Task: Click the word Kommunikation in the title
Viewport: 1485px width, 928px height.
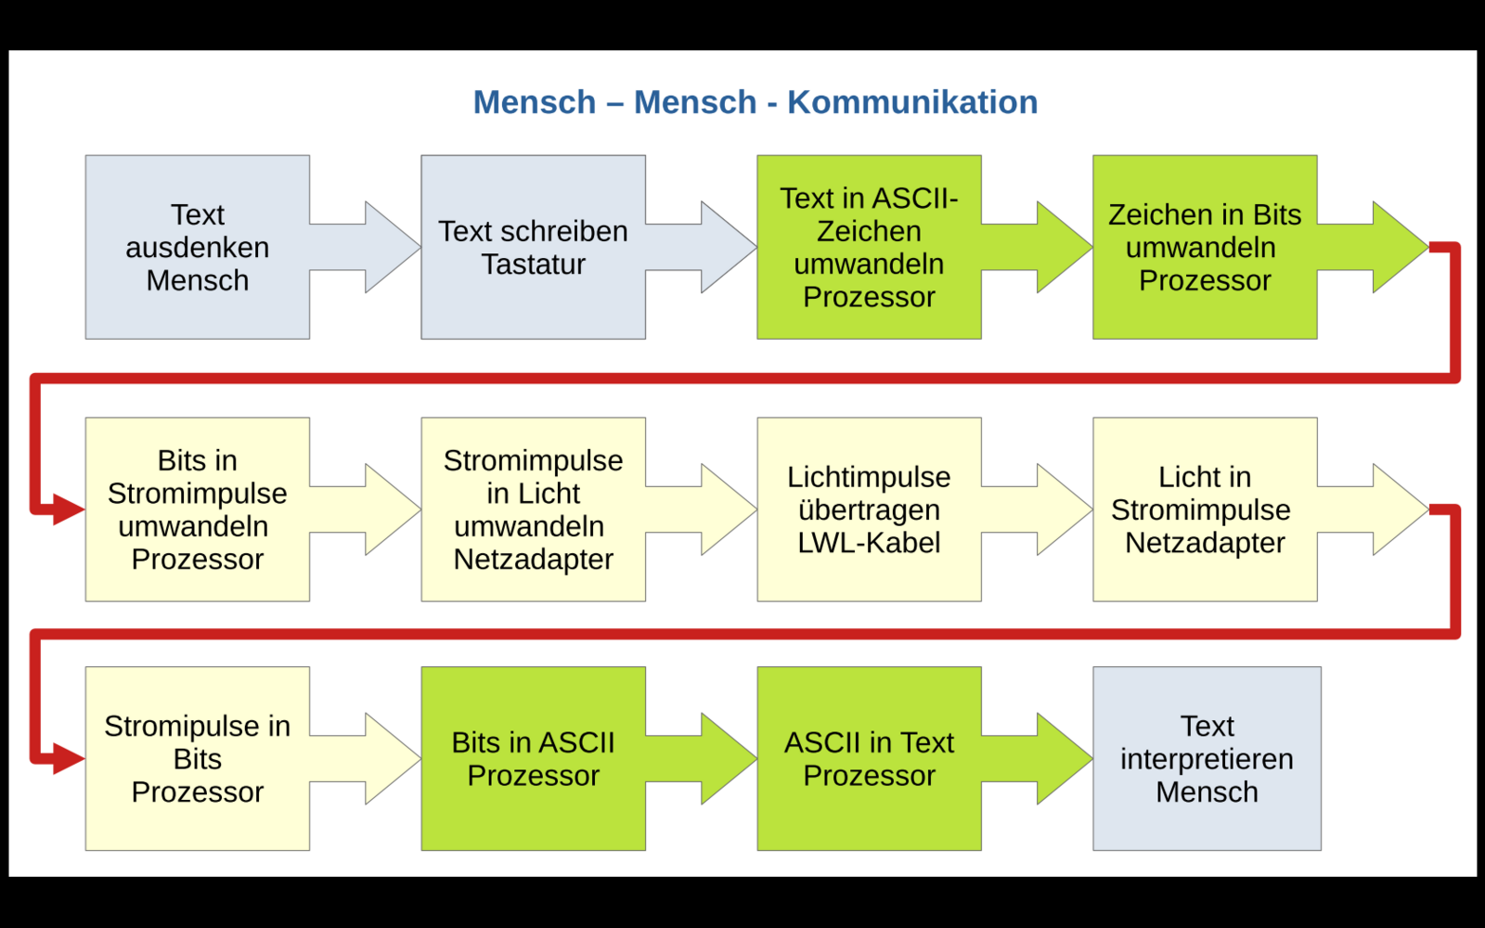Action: tap(912, 102)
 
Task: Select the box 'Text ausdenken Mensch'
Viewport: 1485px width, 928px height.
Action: tap(198, 247)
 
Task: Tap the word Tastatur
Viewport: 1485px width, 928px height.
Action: tap(533, 264)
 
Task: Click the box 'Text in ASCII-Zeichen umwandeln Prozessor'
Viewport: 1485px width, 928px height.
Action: tap(869, 247)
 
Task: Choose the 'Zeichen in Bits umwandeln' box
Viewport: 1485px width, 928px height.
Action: tap(1205, 247)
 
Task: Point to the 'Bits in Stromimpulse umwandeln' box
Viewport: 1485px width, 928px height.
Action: tap(198, 509)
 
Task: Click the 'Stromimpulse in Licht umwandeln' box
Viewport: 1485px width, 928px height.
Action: tap(533, 509)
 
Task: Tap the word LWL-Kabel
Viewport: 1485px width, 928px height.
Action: tap(869, 543)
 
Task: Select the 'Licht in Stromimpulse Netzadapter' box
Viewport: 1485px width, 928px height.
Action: tap(1205, 509)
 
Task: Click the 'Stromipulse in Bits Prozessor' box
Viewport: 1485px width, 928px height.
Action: tap(198, 758)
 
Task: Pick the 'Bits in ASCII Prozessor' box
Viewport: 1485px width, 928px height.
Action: tap(533, 758)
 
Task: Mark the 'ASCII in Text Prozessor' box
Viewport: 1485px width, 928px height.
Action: tap(869, 758)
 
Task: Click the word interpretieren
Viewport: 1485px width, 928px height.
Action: tap(1207, 759)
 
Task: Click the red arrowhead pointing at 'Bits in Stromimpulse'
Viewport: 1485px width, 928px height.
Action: tap(69, 509)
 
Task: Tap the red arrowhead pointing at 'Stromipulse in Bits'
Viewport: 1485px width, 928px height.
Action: tap(69, 758)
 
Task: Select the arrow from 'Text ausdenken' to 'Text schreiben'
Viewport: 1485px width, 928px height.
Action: tap(366, 247)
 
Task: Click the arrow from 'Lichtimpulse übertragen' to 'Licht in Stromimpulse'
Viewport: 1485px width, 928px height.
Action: tap(1037, 509)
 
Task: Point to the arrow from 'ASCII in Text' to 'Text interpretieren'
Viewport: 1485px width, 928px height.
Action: tap(1037, 758)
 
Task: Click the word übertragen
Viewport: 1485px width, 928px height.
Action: tap(869, 509)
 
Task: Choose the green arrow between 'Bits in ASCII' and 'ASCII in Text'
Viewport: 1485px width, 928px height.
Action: tap(702, 758)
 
